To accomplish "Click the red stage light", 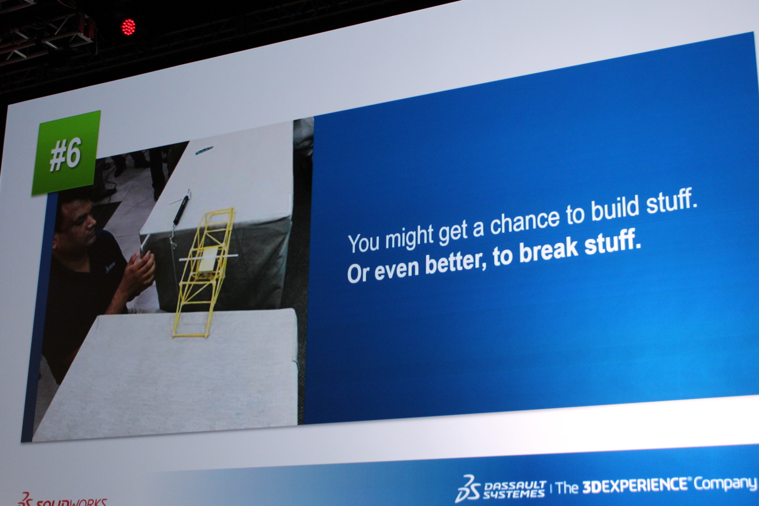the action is (128, 27).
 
